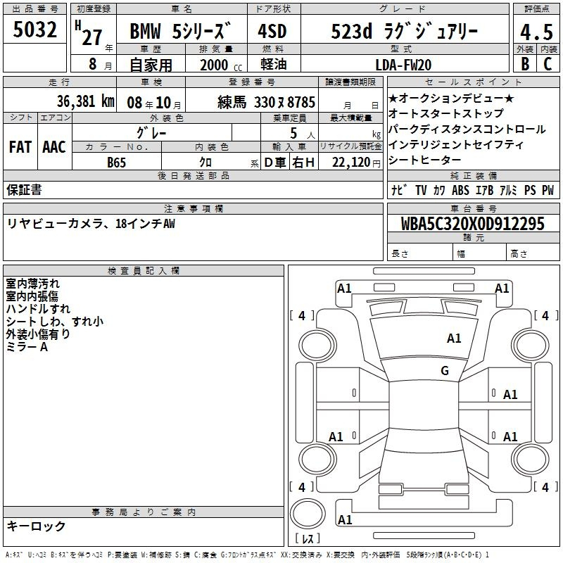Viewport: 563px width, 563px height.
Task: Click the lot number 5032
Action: point(34,30)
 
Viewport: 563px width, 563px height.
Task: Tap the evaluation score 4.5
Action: point(536,32)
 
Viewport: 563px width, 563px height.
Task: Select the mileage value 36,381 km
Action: point(85,101)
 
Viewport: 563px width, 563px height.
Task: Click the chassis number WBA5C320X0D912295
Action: point(472,224)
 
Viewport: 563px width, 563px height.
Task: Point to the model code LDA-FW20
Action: point(403,65)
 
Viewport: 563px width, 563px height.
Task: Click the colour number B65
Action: point(116,163)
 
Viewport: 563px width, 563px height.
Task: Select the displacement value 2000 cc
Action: point(221,65)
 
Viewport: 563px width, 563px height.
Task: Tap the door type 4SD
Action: point(272,32)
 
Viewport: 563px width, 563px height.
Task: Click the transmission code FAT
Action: point(20,147)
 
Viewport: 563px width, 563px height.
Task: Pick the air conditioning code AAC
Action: point(54,147)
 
